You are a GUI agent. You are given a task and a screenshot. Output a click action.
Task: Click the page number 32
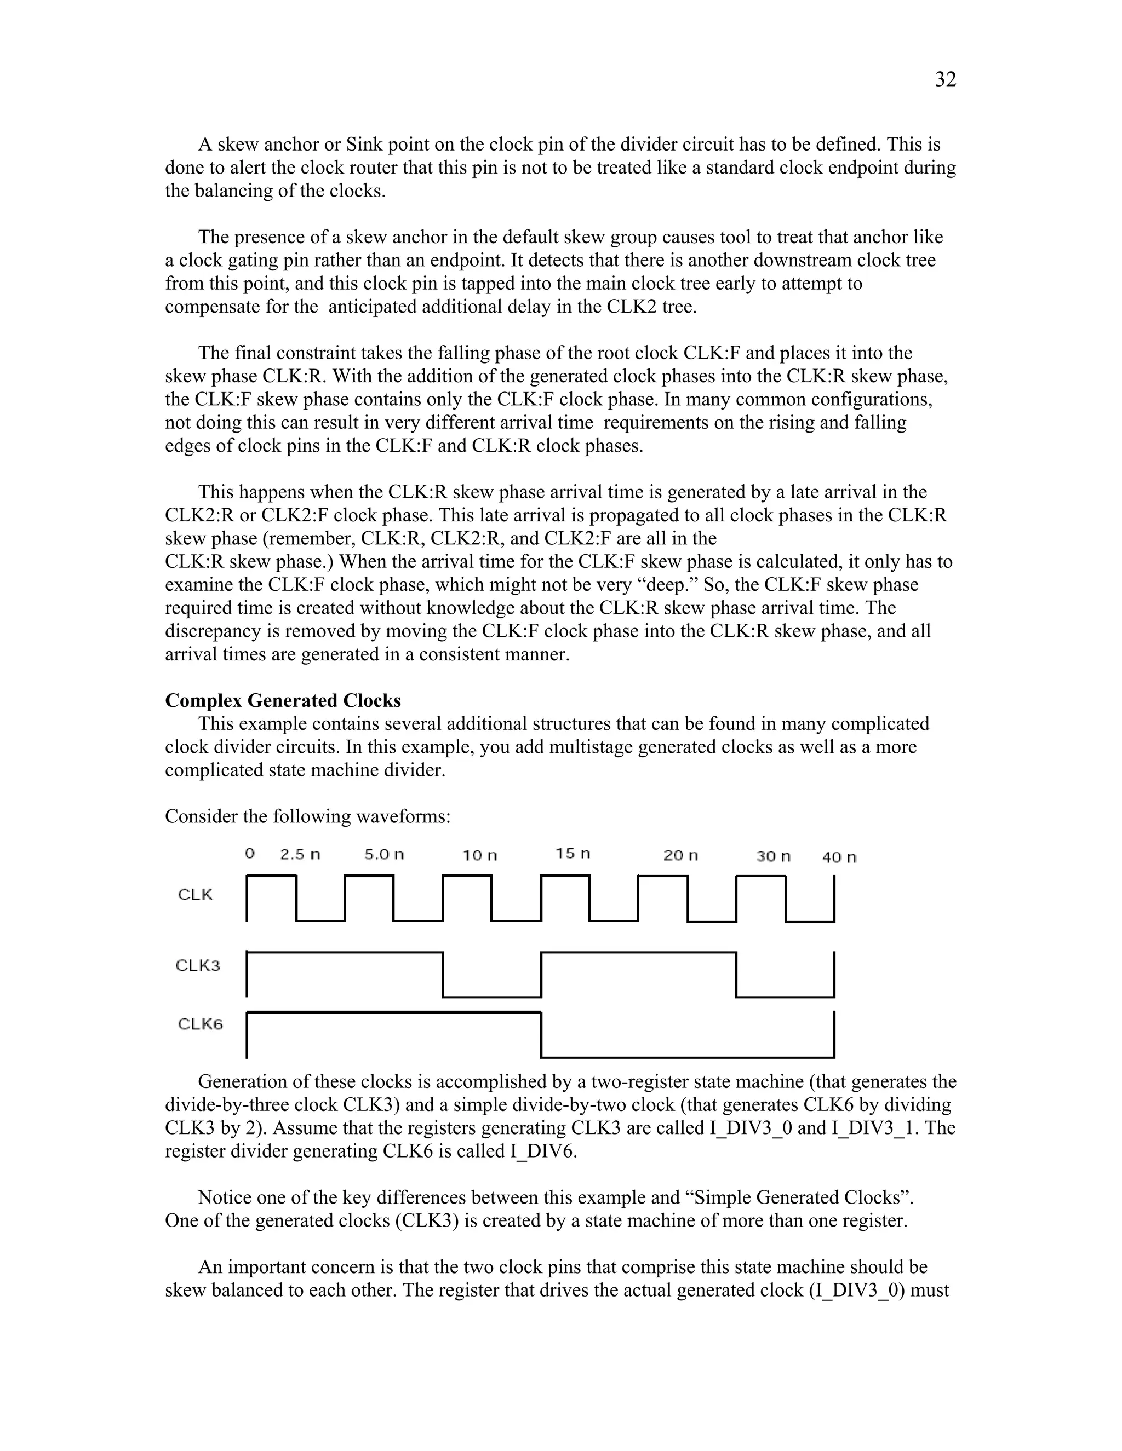[945, 80]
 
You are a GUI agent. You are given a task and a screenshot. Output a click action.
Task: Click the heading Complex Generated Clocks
[283, 700]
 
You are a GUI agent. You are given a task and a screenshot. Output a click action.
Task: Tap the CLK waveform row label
[194, 894]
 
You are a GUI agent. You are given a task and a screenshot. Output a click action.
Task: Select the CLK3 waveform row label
[197, 965]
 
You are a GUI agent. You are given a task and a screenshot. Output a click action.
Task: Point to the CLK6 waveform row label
[200, 1024]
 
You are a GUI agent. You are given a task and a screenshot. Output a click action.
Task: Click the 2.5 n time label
[300, 854]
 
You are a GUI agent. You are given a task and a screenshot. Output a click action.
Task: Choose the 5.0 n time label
[383, 854]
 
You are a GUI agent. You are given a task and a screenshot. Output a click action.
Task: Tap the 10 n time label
[479, 855]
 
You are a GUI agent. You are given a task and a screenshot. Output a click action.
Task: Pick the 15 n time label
[573, 853]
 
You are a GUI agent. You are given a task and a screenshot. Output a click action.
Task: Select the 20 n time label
[680, 855]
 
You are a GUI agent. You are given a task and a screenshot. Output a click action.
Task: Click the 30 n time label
[773, 856]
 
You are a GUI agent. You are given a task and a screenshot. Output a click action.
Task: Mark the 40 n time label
[839, 857]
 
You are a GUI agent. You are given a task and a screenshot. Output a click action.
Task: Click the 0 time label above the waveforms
[250, 853]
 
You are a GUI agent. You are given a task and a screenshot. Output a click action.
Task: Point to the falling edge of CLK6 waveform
[541, 1034]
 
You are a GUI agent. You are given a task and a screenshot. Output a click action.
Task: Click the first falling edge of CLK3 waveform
[443, 975]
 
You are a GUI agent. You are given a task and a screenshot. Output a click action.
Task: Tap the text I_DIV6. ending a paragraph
[543, 1151]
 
